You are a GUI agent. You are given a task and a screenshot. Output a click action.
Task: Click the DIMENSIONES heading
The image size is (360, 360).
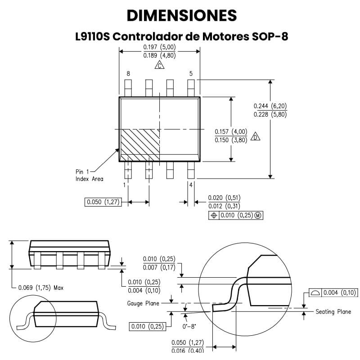[x=182, y=15]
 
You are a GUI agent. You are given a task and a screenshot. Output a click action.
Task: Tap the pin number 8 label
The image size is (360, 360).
[x=128, y=74]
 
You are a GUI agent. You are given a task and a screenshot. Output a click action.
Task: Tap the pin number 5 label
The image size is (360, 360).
[x=191, y=74]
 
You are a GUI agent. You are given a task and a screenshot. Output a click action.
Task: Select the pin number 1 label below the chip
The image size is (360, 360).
[x=124, y=184]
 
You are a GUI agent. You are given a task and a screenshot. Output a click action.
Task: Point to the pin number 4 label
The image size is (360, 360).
[x=191, y=184]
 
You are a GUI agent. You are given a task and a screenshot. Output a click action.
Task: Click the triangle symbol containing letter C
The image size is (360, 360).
[x=159, y=66]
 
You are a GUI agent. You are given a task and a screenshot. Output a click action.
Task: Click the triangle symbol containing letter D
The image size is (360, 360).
[x=256, y=136]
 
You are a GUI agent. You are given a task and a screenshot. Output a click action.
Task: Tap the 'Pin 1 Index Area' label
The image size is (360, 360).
[x=89, y=175]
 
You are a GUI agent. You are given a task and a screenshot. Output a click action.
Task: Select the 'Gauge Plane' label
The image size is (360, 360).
[x=143, y=303]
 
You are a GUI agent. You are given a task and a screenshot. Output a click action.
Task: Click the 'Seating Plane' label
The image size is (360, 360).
[x=333, y=311]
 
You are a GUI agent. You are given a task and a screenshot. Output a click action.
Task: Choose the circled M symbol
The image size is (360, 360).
[x=258, y=216]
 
